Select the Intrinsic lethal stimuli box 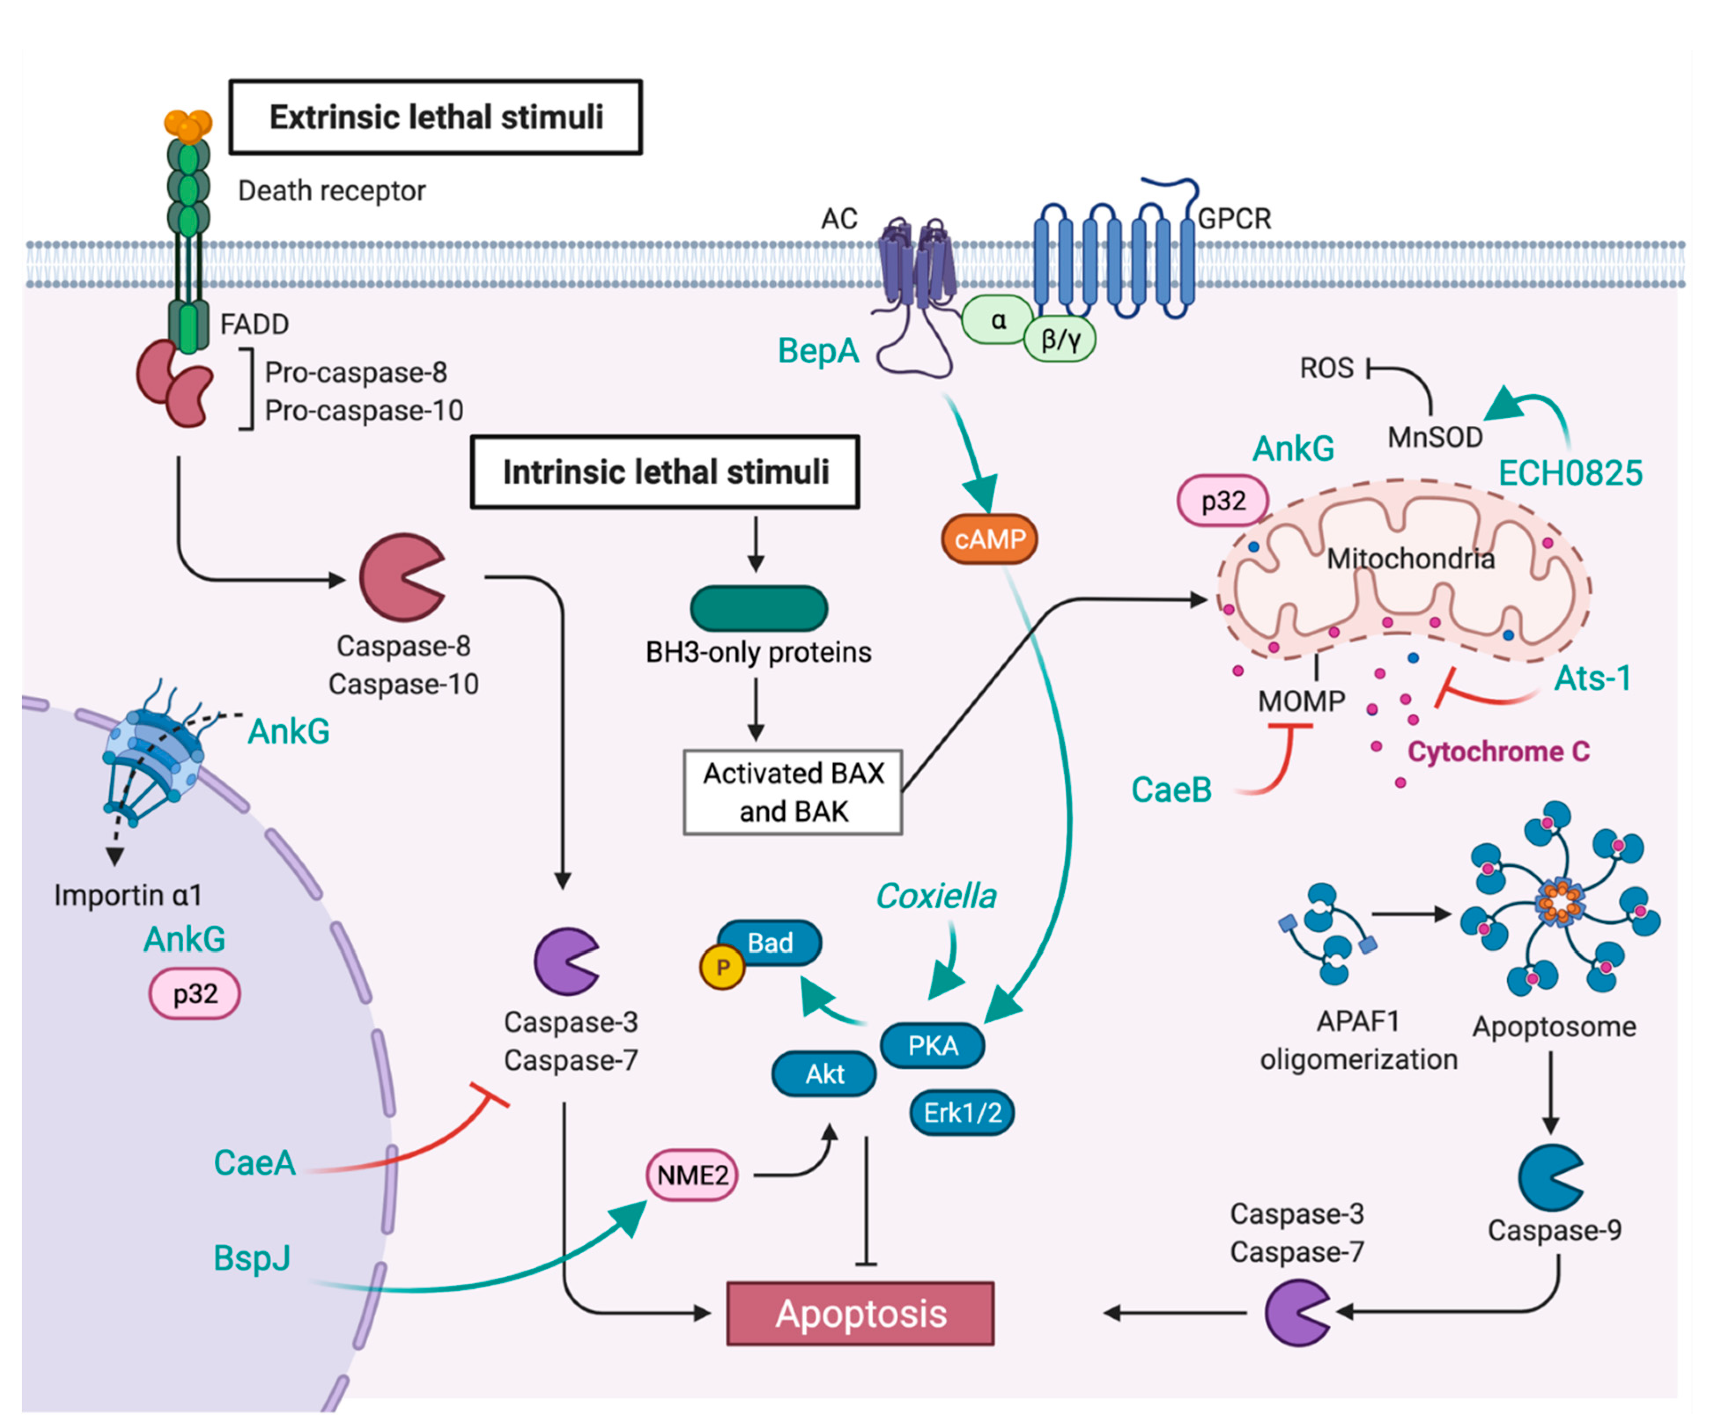[665, 472]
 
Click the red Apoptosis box [860, 1314]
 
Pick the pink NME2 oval [692, 1174]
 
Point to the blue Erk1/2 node [962, 1112]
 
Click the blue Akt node [823, 1074]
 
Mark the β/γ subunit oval [1059, 339]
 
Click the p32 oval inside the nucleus [195, 993]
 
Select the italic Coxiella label [936, 896]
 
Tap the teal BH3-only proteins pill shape [758, 608]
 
